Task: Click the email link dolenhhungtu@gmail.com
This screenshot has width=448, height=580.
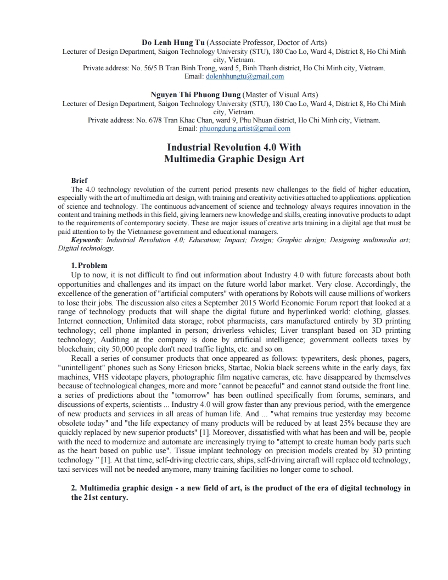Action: tap(242, 76)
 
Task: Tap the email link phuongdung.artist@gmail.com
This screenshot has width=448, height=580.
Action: tap(244, 129)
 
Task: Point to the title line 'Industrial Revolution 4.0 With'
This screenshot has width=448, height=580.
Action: tap(234, 147)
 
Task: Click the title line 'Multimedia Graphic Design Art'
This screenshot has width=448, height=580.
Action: tap(234, 159)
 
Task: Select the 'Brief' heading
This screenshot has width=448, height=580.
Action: tap(80, 181)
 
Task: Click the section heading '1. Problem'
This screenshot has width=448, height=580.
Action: tap(89, 265)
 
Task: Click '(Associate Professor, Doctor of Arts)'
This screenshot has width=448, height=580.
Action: tap(267, 42)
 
